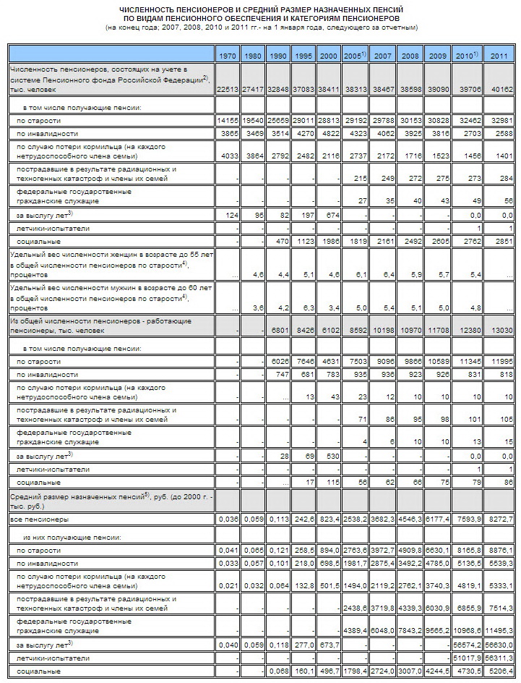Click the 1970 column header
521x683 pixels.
tap(228, 56)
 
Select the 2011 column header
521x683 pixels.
tap(499, 56)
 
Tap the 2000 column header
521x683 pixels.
tap(328, 56)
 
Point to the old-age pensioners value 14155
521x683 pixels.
tap(228, 120)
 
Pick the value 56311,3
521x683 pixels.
tap(499, 658)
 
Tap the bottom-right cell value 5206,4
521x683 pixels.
tap(499, 672)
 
